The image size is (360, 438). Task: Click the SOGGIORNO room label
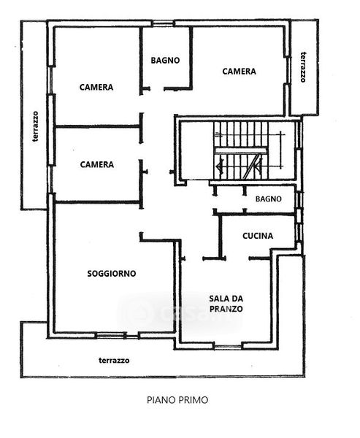112,274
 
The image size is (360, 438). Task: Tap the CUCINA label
258,236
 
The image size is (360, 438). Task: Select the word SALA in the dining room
218,299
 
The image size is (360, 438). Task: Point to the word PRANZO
226,309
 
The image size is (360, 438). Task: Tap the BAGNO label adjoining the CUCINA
268,199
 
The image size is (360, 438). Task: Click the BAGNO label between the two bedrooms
165,61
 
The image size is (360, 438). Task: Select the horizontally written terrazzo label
114,361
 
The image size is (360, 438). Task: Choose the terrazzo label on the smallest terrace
303,67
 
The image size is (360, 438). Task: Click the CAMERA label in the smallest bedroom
96,164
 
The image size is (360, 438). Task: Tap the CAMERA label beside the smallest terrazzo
239,72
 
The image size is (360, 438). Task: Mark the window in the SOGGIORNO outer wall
111,335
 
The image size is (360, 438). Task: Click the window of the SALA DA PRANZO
228,347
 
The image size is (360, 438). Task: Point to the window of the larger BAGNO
163,23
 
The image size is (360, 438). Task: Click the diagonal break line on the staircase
252,166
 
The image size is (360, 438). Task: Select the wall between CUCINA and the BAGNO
255,214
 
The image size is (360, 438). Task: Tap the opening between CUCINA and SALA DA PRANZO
237,258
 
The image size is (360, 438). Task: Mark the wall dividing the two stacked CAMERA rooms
97,127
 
